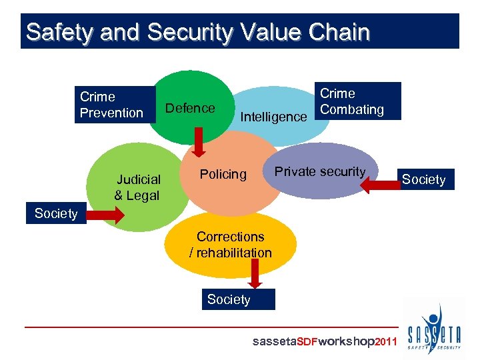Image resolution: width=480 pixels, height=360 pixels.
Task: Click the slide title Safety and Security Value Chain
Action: [x=197, y=32]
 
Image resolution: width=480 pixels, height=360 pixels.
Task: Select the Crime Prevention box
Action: [x=113, y=105]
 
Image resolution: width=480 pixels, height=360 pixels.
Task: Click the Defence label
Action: [x=190, y=108]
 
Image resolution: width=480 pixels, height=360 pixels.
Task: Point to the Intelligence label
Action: [x=273, y=117]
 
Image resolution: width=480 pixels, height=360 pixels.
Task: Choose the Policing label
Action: [x=223, y=175]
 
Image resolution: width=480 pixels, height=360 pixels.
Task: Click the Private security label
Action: [x=320, y=171]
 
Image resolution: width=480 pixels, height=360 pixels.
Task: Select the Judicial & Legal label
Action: [x=137, y=187]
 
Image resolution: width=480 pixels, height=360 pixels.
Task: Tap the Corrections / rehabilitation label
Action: [x=231, y=245]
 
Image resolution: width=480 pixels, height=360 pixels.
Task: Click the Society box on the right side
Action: [x=424, y=179]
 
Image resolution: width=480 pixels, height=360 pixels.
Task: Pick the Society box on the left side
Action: [x=57, y=213]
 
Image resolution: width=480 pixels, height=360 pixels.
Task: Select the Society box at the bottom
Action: [x=229, y=299]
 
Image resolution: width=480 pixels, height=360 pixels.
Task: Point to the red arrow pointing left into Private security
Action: [x=379, y=184]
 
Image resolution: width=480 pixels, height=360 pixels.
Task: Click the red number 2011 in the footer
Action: [x=386, y=342]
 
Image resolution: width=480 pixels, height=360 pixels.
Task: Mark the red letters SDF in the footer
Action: [x=307, y=342]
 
